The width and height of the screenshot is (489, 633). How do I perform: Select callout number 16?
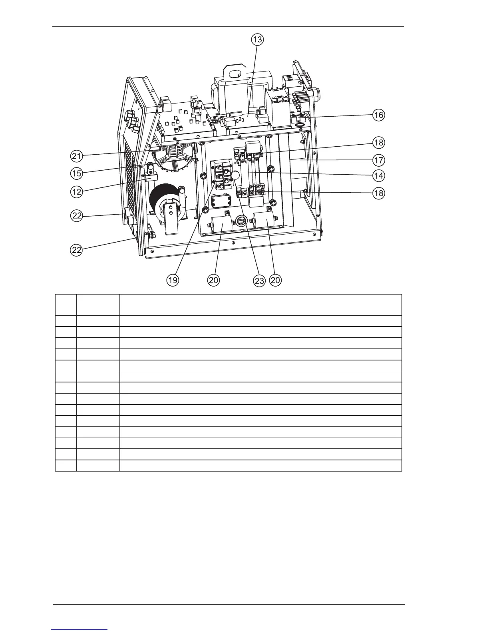(378, 115)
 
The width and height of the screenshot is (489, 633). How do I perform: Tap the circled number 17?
(378, 161)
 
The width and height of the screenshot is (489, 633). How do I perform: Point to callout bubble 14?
(378, 175)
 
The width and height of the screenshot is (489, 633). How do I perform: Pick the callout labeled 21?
(77, 156)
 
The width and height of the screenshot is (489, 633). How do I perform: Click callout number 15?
(77, 173)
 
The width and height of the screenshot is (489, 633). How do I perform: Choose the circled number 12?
(77, 192)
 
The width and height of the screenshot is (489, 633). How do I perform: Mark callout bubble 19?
(172, 280)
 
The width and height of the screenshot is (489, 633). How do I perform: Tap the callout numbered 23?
(259, 281)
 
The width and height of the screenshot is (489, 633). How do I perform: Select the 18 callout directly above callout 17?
(378, 142)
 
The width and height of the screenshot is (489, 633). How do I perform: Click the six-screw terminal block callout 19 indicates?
(221, 174)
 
